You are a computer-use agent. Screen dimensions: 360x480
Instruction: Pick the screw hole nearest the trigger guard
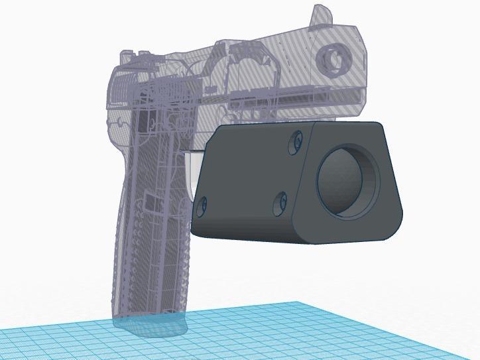coord(202,205)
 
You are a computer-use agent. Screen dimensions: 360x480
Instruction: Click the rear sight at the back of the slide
coord(125,57)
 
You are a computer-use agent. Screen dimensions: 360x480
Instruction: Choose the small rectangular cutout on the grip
coord(149,202)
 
